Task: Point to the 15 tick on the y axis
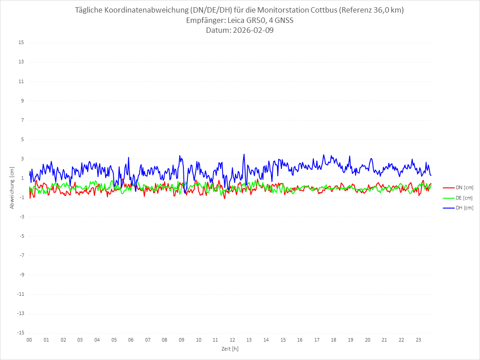coord(21,43)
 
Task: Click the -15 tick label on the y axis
coord(20,333)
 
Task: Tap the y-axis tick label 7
coord(22,120)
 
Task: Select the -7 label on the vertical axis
coord(21,255)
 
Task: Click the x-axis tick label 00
coord(29,340)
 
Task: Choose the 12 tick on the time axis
coord(232,340)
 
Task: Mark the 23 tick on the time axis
coord(418,340)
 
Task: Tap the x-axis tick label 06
coord(131,340)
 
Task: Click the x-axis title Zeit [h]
coord(230,348)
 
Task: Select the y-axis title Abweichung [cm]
coord(12,187)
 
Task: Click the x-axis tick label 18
coord(334,340)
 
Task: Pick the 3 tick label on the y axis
coord(22,159)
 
